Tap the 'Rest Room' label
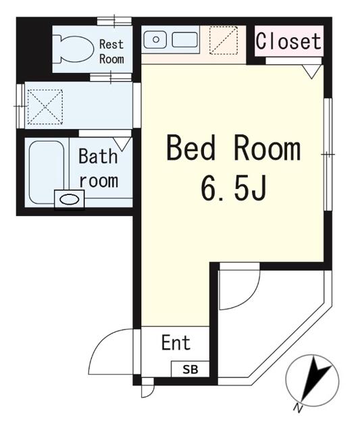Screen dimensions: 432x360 point(112,51)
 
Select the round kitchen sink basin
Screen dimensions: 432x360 point(156,40)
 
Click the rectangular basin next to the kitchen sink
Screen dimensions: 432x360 point(184,40)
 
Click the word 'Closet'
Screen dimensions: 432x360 point(288,41)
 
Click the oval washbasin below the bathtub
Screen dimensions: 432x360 point(69,199)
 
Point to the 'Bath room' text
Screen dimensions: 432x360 point(99,169)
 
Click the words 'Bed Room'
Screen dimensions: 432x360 point(233,148)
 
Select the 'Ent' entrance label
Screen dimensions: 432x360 point(176,343)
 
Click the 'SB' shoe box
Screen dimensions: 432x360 point(190,369)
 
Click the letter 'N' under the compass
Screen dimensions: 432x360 point(298,407)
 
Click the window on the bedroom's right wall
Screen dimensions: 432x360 point(328,155)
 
